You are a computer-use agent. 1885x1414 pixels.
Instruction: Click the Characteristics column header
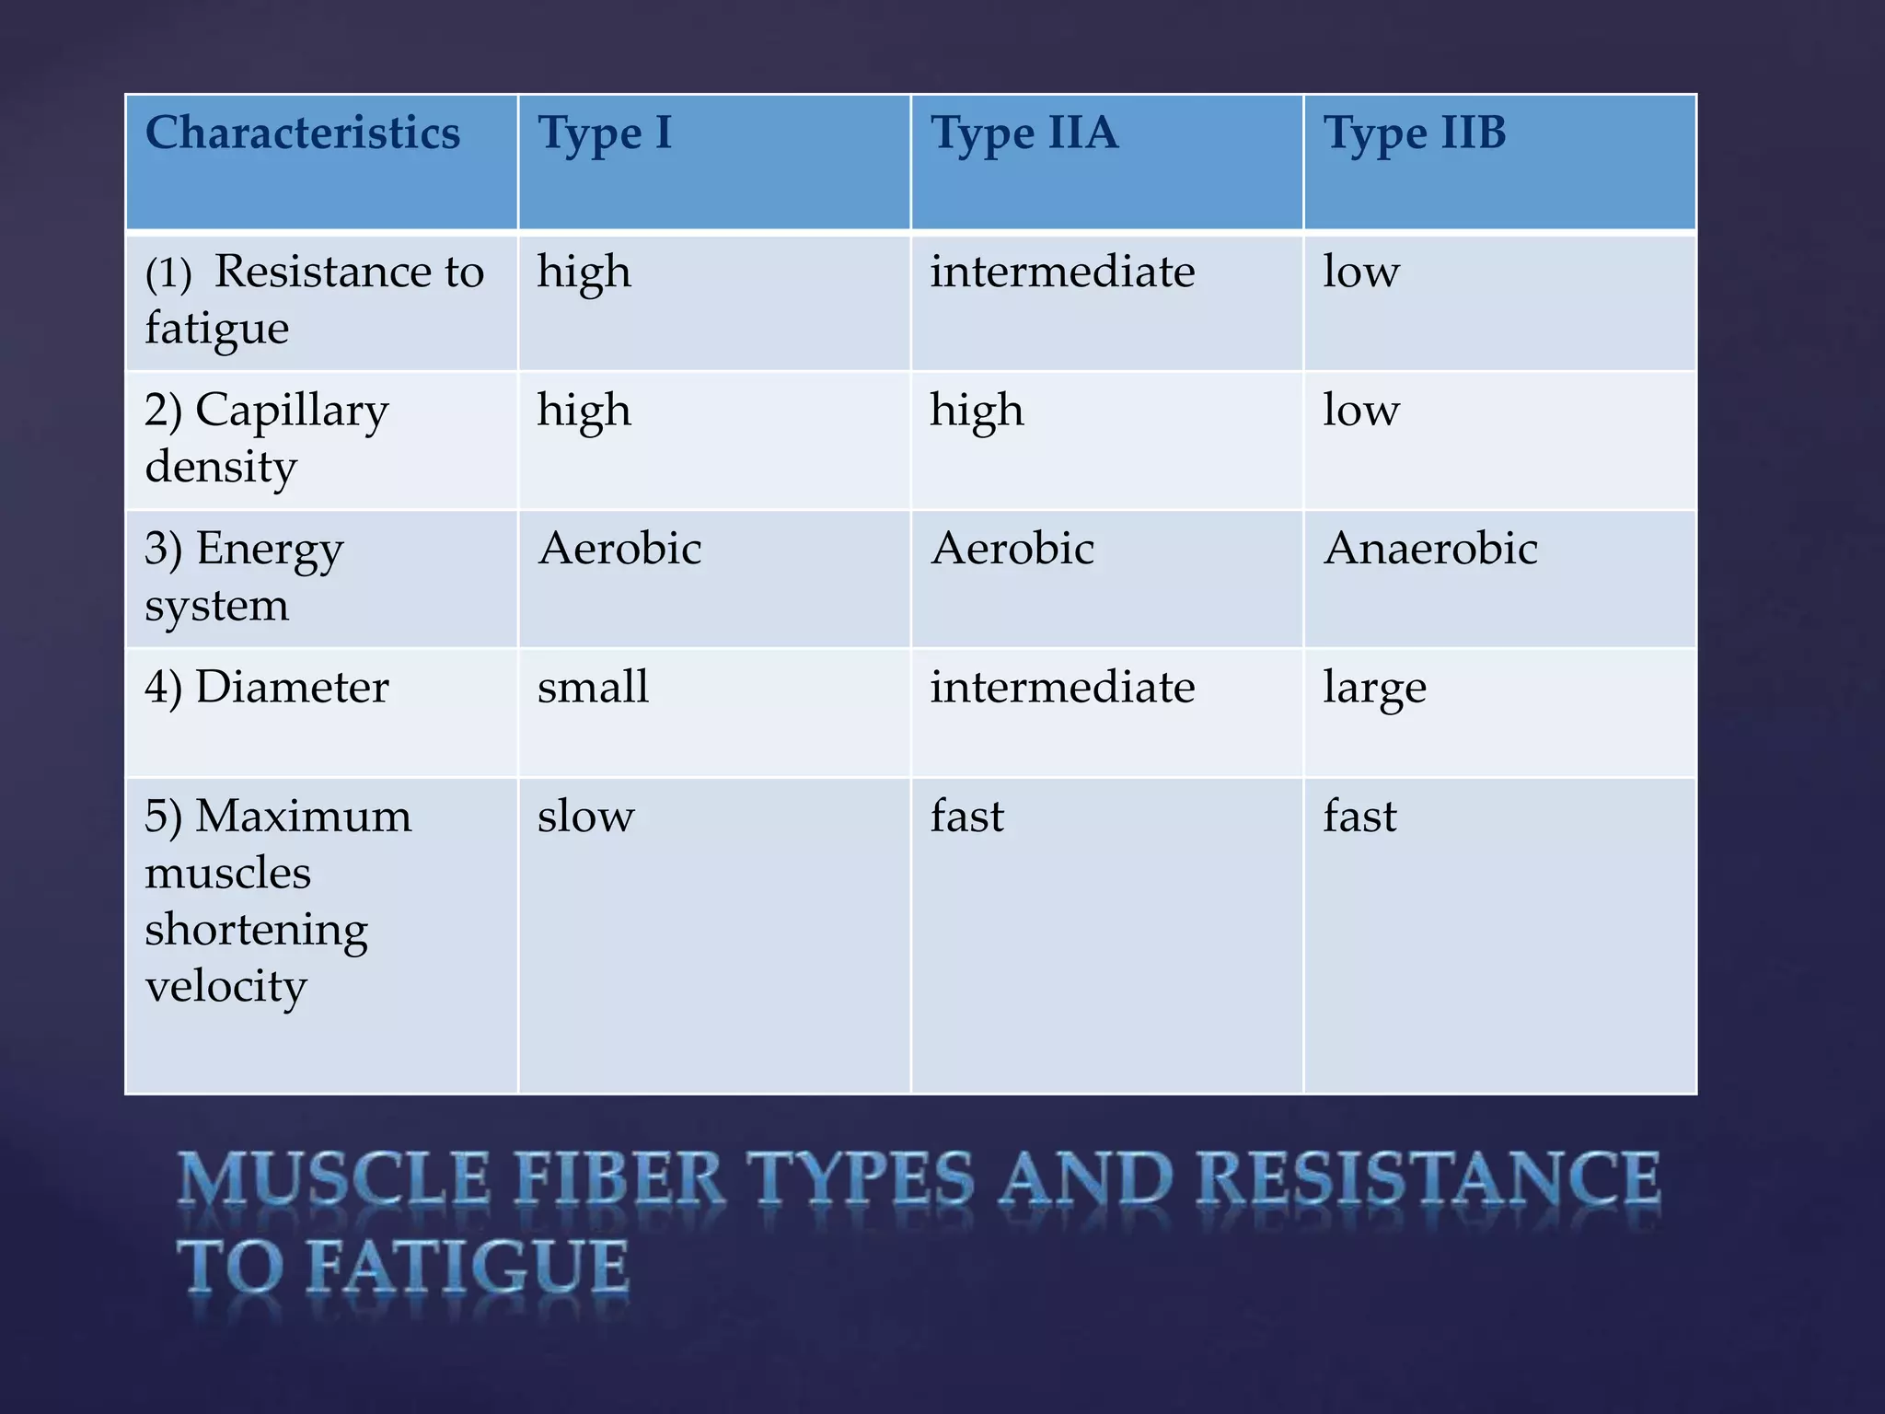coord(303,133)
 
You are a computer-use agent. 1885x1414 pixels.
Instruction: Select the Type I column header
coord(605,134)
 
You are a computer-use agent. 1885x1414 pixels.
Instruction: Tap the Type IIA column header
coord(1023,134)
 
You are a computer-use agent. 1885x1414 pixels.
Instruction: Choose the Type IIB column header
coord(1415,134)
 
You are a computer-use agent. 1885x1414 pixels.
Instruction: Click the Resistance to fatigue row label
coord(314,300)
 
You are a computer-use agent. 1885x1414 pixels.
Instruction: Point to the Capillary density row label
coord(267,438)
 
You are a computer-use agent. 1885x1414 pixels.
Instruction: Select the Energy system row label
coord(244,577)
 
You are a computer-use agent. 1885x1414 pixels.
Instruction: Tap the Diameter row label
coord(267,688)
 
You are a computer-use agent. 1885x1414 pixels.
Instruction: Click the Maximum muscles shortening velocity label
coord(278,900)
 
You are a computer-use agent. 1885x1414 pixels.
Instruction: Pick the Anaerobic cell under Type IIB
coord(1430,550)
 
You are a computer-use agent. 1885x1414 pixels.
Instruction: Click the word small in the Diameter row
coord(593,688)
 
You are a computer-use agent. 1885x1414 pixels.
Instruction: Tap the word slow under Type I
coord(585,817)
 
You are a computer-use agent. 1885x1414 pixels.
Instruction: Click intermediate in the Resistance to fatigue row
coord(1062,272)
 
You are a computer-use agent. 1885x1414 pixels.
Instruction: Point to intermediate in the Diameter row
coord(1062,688)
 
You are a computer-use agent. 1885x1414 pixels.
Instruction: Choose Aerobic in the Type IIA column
coord(1012,550)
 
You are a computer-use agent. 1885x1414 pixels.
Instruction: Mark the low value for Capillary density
coord(1360,411)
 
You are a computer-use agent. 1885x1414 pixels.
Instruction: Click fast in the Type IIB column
coord(1359,817)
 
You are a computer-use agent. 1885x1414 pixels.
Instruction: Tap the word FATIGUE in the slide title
coord(467,1269)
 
